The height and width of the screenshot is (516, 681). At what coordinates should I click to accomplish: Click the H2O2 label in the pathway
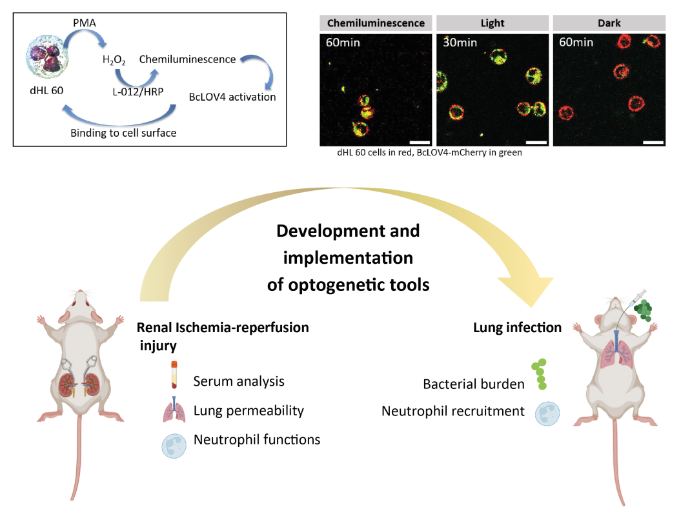[114, 61]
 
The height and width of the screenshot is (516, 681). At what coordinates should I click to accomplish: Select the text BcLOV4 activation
[232, 97]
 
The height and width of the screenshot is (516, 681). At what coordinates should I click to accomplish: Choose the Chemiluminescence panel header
[376, 23]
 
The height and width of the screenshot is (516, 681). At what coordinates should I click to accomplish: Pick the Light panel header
[492, 23]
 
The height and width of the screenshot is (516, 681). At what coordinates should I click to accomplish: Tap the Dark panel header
[609, 23]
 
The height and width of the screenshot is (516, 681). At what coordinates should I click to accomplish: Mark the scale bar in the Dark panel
[653, 139]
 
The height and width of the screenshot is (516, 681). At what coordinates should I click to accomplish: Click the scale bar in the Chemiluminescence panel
[420, 139]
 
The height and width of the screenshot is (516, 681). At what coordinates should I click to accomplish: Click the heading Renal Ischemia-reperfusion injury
[223, 336]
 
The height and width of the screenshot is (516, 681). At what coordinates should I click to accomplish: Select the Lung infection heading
[516, 328]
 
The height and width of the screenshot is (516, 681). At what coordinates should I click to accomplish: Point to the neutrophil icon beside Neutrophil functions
[173, 444]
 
